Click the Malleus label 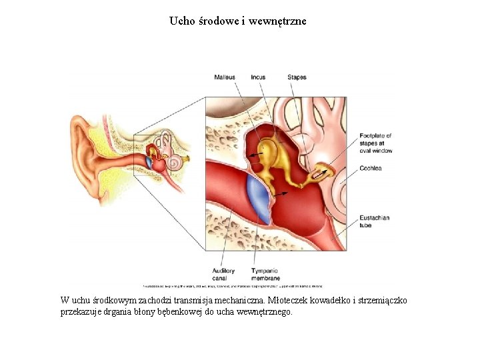225,77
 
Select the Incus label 258,77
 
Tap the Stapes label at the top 297,77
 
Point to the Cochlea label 371,169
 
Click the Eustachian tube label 374,221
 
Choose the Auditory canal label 223,275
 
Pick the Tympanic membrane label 265,275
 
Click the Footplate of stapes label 375,143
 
